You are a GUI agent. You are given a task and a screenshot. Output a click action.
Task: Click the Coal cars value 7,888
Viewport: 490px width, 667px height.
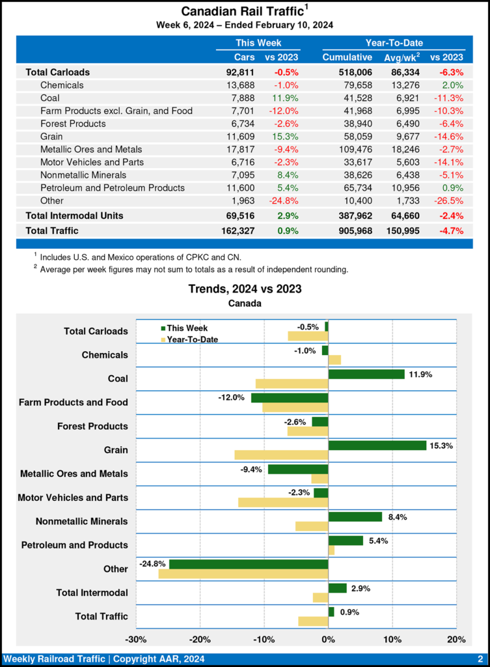pos(241,98)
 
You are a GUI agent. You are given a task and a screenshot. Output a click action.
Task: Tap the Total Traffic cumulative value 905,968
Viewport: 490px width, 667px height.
pos(350,230)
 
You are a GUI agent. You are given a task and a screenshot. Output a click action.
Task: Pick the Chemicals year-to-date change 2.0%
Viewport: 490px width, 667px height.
pos(452,85)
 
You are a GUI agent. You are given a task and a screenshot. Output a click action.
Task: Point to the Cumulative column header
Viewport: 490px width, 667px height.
pos(347,57)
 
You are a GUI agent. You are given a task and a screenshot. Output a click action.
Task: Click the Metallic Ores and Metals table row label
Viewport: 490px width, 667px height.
pos(91,149)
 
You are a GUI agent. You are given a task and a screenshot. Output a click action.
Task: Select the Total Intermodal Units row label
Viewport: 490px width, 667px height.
pos(74,215)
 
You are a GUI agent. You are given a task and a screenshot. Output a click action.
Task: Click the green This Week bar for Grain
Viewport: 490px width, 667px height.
pos(377,445)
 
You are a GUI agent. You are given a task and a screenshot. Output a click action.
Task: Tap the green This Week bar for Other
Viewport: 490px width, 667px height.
pos(249,564)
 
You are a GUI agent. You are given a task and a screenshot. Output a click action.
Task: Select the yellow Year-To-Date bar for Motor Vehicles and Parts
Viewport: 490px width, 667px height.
pos(283,502)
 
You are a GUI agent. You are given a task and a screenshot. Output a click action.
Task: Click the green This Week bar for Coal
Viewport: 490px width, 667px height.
pos(366,374)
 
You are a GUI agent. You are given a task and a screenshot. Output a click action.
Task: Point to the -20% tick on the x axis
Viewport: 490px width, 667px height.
pos(200,639)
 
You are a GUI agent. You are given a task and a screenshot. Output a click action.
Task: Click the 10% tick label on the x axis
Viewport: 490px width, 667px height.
pos(392,639)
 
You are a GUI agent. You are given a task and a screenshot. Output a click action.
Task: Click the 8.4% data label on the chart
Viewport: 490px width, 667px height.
pos(398,517)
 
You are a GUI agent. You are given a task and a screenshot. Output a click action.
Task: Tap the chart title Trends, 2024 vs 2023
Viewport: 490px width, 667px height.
pos(245,289)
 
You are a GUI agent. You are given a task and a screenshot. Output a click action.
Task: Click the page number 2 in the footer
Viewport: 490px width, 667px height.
pos(480,659)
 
